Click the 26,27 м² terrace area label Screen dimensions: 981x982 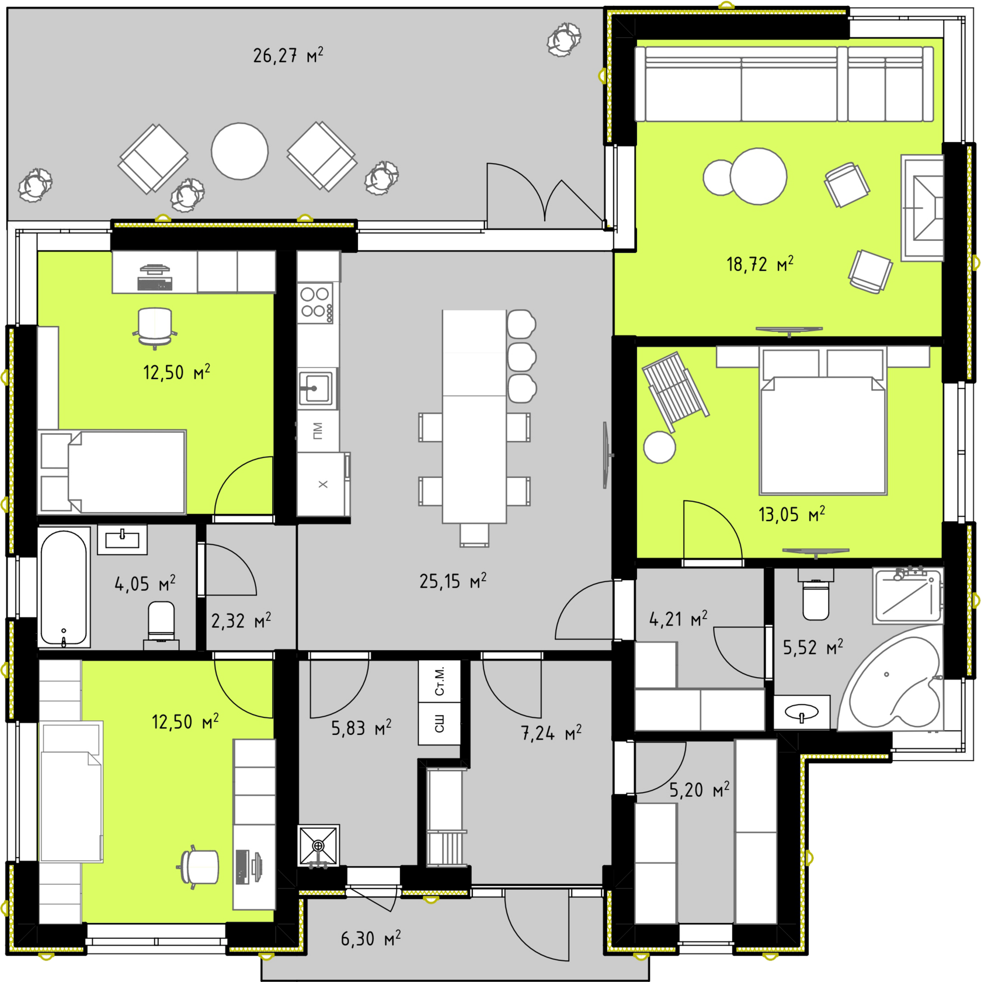point(288,55)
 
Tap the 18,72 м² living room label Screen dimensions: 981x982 point(760,264)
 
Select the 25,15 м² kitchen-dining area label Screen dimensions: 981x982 point(453,581)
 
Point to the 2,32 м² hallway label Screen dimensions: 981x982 point(241,620)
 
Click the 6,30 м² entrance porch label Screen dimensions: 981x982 point(371,938)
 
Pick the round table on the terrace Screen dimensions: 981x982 point(239,151)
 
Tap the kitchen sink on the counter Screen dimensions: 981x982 point(316,387)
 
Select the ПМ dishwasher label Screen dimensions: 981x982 point(318,431)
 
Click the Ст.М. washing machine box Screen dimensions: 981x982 point(440,681)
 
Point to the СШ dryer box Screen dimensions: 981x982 point(440,723)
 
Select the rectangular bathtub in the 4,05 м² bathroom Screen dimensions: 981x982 point(64,587)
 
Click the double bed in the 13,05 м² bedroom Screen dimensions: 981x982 point(823,421)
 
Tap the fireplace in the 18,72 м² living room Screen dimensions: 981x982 point(923,207)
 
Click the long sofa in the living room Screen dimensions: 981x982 point(784,84)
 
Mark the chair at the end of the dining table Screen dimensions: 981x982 point(474,535)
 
